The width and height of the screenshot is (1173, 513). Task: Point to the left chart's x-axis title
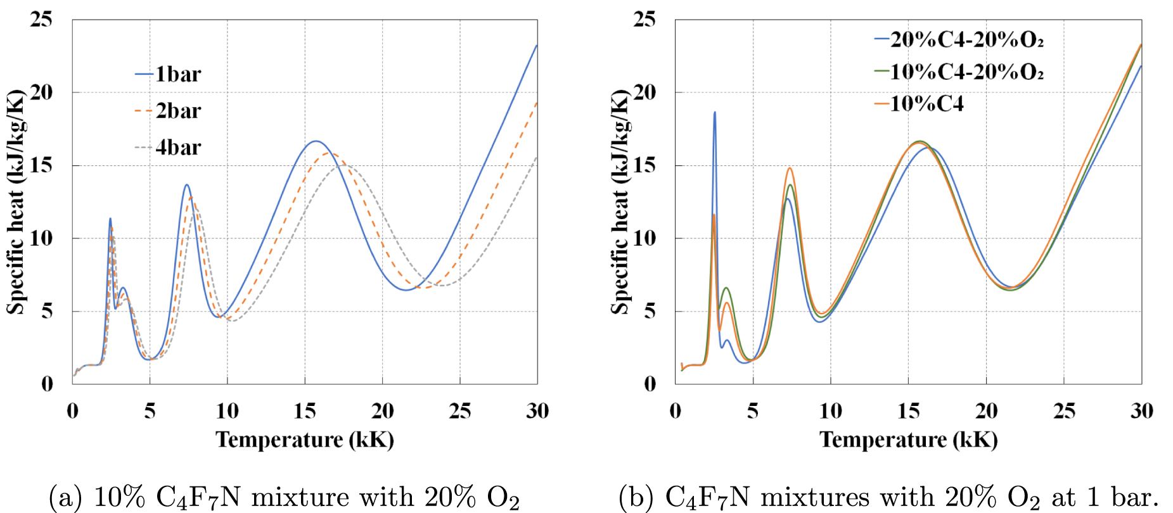pos(305,440)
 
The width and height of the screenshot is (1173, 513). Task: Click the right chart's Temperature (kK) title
pos(908,440)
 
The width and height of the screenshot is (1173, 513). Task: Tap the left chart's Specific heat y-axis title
pos(15,201)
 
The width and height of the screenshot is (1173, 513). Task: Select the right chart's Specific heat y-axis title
pos(620,201)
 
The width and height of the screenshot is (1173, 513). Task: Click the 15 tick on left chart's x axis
pos(305,412)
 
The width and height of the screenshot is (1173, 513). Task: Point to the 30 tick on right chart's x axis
pos(1141,412)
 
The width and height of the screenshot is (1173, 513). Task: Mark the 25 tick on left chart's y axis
pos(41,20)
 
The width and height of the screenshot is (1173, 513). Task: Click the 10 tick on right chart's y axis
pos(644,239)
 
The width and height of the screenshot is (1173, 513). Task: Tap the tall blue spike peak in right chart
pos(715,113)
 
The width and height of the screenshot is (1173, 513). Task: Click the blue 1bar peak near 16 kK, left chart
pos(315,141)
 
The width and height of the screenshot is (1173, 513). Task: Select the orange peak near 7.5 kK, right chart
pos(790,168)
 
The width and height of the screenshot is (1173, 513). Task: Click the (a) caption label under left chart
pos(65,498)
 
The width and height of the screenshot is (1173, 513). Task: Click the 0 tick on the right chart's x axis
pos(676,412)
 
